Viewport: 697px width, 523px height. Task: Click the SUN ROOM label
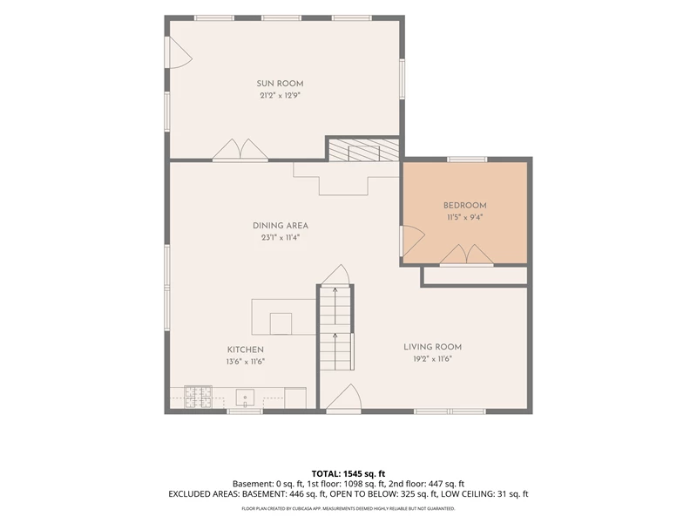[280, 84]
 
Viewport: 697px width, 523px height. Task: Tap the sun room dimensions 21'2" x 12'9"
[280, 96]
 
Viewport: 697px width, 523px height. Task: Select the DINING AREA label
[281, 226]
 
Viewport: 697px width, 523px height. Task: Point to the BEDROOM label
[465, 206]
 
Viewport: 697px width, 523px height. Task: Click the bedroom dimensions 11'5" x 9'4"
[465, 217]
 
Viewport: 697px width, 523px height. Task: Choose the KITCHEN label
[246, 350]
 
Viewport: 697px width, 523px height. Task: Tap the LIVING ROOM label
[432, 347]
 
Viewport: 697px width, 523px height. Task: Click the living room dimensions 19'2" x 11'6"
[432, 359]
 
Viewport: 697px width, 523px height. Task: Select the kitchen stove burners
[199, 397]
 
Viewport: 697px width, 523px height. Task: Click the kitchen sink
[245, 397]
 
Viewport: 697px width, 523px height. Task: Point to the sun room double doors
[240, 150]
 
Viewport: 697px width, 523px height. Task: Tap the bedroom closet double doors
[467, 255]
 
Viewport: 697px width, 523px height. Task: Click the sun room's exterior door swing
[179, 52]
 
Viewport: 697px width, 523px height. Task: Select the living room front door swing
[344, 397]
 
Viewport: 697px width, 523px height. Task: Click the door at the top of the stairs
[335, 275]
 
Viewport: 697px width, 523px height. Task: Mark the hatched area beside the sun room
[363, 150]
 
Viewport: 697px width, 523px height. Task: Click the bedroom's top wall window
[467, 160]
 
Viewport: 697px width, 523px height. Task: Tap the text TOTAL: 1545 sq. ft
[348, 474]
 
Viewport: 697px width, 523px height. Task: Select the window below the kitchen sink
[245, 411]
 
